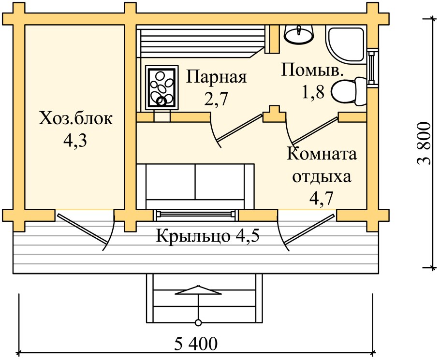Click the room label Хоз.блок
click(x=76, y=118)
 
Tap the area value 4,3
click(x=76, y=141)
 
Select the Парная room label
click(x=217, y=77)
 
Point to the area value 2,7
click(x=216, y=99)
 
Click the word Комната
click(x=322, y=154)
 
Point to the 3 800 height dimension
click(x=424, y=143)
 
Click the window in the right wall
click(x=371, y=68)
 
